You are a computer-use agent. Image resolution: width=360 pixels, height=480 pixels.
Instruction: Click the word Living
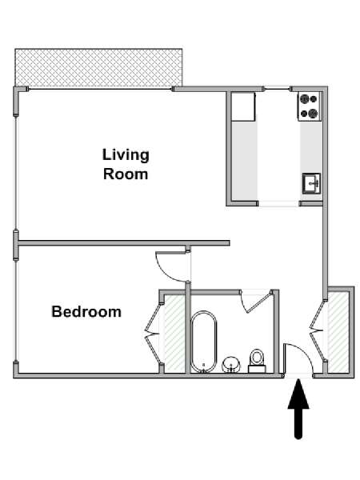pyautogui.click(x=126, y=155)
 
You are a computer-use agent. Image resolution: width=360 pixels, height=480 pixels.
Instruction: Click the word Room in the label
pyautogui.click(x=126, y=174)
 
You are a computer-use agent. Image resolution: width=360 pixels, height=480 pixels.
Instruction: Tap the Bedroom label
pyautogui.click(x=86, y=312)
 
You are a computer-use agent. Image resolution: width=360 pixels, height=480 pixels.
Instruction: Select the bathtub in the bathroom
pyautogui.click(x=204, y=342)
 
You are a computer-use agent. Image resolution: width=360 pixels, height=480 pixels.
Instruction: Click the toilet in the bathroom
pyautogui.click(x=257, y=362)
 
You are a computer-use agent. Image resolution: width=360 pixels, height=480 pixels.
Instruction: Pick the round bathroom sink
pyautogui.click(x=231, y=365)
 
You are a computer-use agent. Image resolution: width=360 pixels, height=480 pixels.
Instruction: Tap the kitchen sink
pyautogui.click(x=312, y=183)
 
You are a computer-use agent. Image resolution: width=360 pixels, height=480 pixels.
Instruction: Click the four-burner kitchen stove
pyautogui.click(x=309, y=106)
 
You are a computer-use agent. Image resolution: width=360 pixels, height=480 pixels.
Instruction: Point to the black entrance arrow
pyautogui.click(x=298, y=409)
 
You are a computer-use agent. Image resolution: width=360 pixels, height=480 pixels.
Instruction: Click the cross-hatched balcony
pyautogui.click(x=98, y=68)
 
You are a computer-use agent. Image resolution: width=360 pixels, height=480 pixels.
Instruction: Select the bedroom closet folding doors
pyautogui.click(x=153, y=333)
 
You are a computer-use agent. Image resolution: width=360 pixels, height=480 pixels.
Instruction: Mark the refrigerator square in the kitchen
pyautogui.click(x=243, y=106)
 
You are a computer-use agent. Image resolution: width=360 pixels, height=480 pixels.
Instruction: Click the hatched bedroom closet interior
pyautogui.click(x=174, y=334)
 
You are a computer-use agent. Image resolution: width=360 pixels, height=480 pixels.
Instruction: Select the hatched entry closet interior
pyautogui.click(x=338, y=332)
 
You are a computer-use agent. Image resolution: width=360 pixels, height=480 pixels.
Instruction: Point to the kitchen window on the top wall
pyautogui.click(x=278, y=89)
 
